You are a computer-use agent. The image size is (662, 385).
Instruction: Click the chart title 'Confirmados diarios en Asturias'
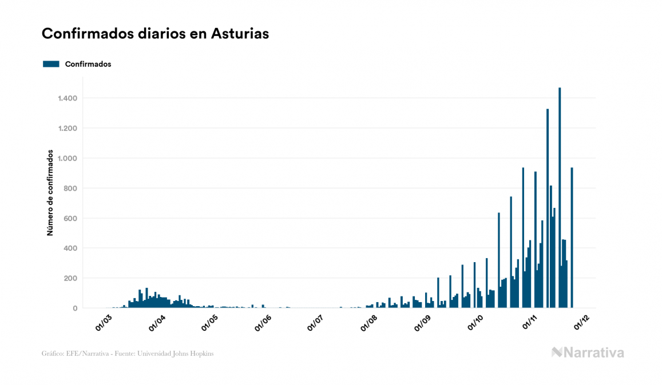[x=155, y=34]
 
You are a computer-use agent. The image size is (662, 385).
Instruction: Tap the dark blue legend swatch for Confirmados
[x=51, y=64]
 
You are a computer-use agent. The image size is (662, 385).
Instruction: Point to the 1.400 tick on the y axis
[x=68, y=98]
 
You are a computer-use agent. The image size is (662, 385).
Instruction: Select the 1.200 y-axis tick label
[x=68, y=129]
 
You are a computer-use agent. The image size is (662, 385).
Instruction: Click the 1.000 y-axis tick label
[x=68, y=158]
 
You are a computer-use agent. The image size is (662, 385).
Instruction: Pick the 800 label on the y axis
[x=70, y=189]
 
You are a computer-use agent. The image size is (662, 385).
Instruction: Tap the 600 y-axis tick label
[x=70, y=218]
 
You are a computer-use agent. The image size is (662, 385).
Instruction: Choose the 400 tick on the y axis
[x=70, y=248]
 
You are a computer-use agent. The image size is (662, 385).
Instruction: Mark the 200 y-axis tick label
[x=70, y=278]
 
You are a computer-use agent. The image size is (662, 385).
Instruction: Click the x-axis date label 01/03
[x=104, y=323]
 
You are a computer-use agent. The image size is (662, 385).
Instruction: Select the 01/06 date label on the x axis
[x=263, y=323]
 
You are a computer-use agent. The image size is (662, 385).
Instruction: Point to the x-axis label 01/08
[x=368, y=323]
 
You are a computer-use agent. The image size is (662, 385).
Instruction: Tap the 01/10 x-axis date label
[x=475, y=323]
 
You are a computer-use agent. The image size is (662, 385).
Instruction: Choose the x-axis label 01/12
[x=582, y=323]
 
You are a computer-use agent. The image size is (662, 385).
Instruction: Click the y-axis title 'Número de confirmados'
[x=50, y=193]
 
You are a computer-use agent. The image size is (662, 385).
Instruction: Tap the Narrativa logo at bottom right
[x=588, y=352]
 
